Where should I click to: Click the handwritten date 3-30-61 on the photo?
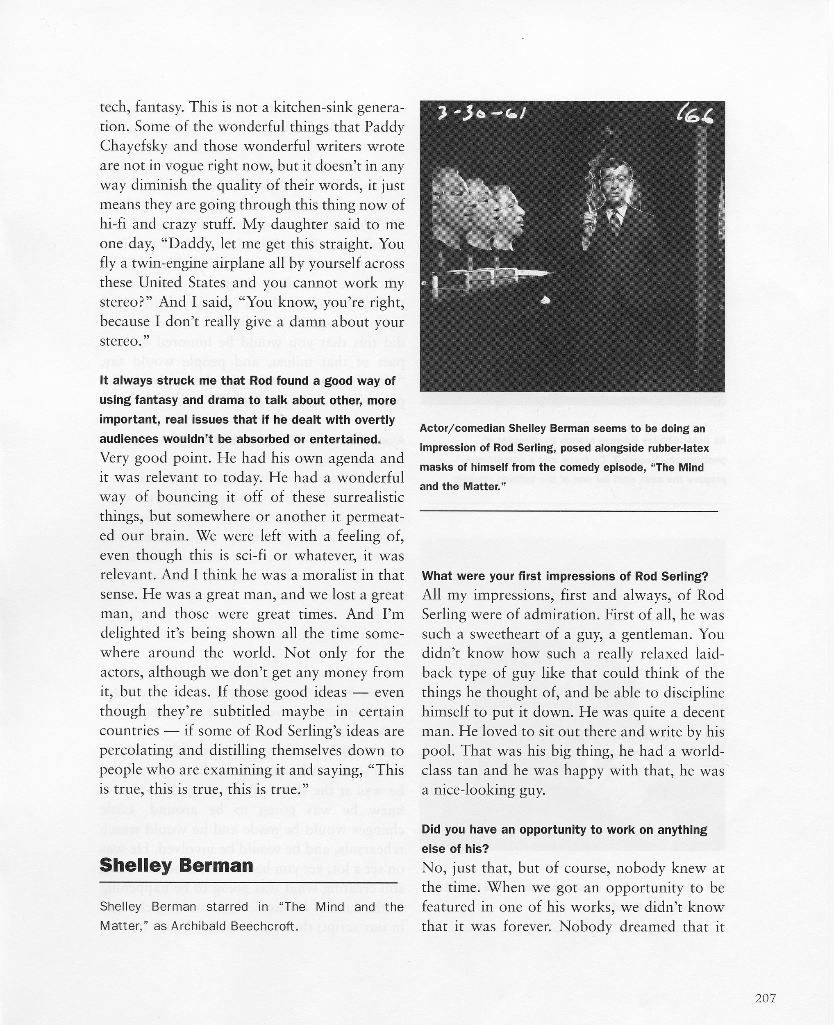click(x=481, y=114)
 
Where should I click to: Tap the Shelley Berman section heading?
click(x=176, y=865)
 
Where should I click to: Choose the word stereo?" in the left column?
click(x=125, y=302)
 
